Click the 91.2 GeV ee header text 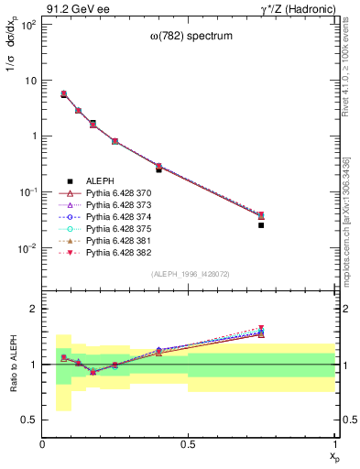(x=73, y=8)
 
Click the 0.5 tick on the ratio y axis (x=34, y=420)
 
